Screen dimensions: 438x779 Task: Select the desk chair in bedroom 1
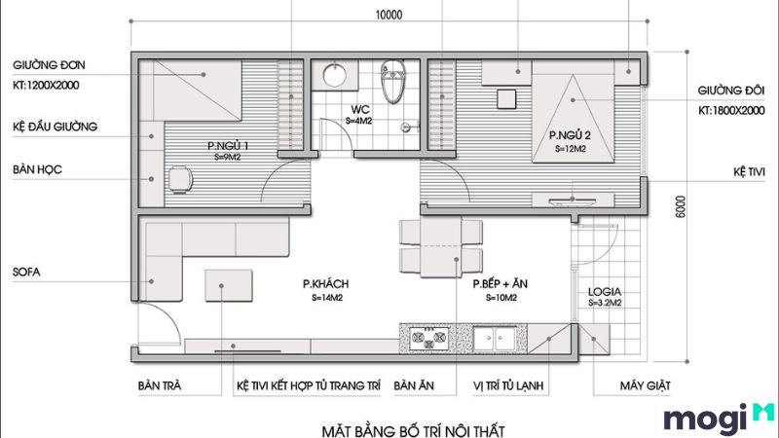tap(181, 178)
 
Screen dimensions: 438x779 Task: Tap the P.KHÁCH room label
tap(325, 284)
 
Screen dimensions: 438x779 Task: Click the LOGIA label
tap(605, 292)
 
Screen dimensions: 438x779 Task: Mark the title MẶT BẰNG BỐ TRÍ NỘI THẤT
tap(413, 427)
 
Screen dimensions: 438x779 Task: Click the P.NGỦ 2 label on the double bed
tap(569, 135)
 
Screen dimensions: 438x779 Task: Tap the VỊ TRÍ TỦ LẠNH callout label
tap(508, 386)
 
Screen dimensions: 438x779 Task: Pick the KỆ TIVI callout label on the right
tap(751, 170)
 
